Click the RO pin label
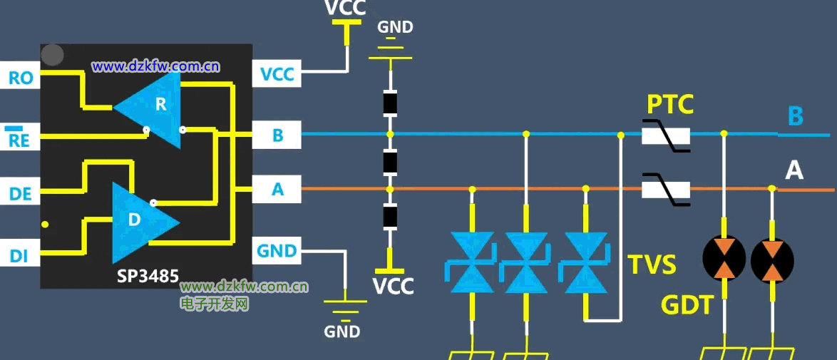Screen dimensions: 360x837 click(21, 77)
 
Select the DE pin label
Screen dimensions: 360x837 click(21, 193)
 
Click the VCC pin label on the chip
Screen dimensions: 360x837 click(277, 74)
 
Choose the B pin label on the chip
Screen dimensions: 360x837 click(277, 135)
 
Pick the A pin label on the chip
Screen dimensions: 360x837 click(277, 190)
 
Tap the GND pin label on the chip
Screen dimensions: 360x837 click(277, 251)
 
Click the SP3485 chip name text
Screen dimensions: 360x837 click(148, 275)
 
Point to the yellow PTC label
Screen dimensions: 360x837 click(670, 105)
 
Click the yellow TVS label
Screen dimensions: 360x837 click(652, 264)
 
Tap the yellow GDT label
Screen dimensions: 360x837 click(687, 305)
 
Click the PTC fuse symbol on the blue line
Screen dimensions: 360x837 click(667, 135)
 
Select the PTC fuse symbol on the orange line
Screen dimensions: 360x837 click(667, 190)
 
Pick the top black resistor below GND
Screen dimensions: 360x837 click(390, 104)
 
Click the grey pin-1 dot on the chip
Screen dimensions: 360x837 click(53, 55)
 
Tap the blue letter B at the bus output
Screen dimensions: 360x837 click(796, 115)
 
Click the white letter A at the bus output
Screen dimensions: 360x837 click(794, 170)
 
